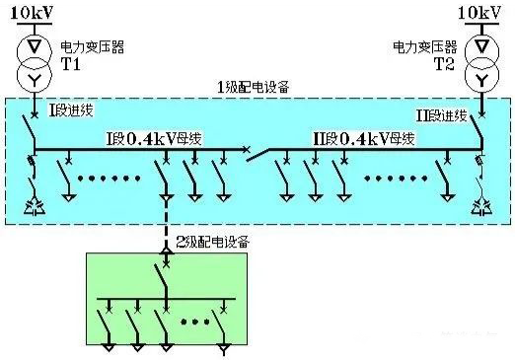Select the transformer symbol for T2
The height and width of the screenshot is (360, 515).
pos(482,61)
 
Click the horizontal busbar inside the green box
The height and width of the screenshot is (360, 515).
pos(168,299)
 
